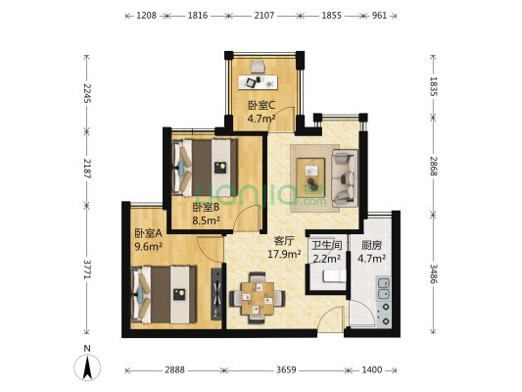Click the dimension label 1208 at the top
[147, 16]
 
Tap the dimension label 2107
[264, 16]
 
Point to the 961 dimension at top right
[379, 16]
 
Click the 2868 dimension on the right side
[433, 166]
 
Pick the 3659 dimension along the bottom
[286, 370]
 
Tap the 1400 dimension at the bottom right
[371, 370]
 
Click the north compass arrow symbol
[87, 367]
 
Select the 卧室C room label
[261, 106]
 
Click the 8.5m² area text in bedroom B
[207, 220]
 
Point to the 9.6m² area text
[148, 246]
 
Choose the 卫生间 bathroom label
[327, 245]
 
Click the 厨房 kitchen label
[371, 245]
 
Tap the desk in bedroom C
[258, 81]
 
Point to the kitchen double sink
[384, 289]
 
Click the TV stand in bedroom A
[216, 294]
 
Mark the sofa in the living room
[345, 178]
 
